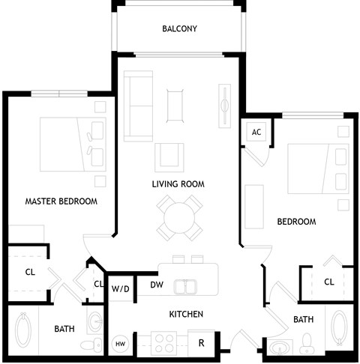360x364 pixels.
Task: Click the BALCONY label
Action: coord(179,29)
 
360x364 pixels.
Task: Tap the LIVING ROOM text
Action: coord(178,183)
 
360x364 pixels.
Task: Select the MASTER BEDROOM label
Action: coord(61,201)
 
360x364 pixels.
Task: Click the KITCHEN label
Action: coord(186,314)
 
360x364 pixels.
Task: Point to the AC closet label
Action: coord(256,133)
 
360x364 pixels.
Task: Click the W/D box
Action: coord(120,288)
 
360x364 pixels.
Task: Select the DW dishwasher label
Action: coord(157,285)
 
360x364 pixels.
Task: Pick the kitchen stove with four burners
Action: coord(164,342)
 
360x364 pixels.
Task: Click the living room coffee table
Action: coord(174,104)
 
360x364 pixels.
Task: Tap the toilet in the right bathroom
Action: coord(306,345)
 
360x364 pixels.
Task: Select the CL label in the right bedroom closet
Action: coord(328,282)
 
